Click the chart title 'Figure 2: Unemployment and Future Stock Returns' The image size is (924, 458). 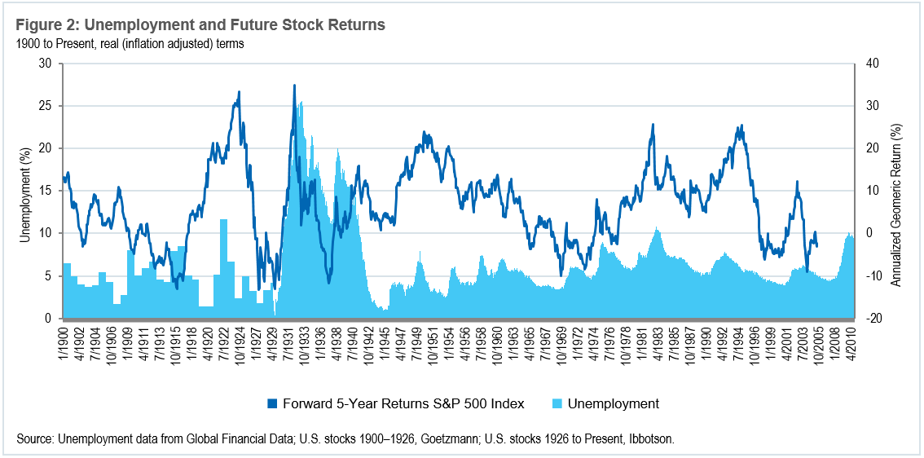click(200, 25)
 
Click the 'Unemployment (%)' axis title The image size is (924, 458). click(24, 191)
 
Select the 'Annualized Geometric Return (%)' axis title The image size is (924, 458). click(895, 191)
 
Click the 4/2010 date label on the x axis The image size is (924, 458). click(851, 341)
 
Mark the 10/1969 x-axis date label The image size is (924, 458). click(562, 341)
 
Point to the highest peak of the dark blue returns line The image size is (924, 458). click(294, 85)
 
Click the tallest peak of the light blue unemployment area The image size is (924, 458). click(301, 102)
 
